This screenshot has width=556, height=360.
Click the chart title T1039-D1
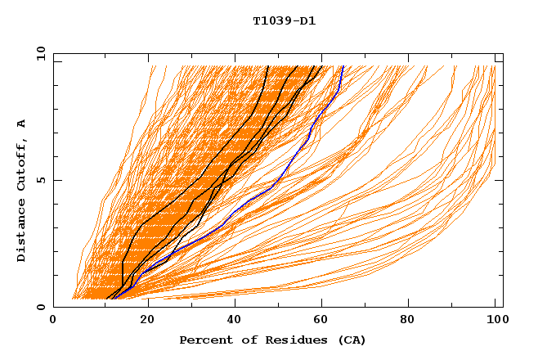pyautogui.click(x=284, y=21)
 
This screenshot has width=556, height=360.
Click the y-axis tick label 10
pyautogui.click(x=40, y=53)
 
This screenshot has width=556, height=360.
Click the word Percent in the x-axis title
pyautogui.click(x=204, y=340)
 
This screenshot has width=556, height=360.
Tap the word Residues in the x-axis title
pyautogui.click(x=280, y=340)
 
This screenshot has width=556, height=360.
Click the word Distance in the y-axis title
pyautogui.click(x=22, y=232)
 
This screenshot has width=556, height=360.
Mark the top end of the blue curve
pyautogui.click(x=343, y=66)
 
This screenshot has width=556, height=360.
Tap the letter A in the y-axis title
pyautogui.click(x=22, y=123)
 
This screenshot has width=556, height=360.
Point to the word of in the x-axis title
pyautogui.click(x=241, y=340)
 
